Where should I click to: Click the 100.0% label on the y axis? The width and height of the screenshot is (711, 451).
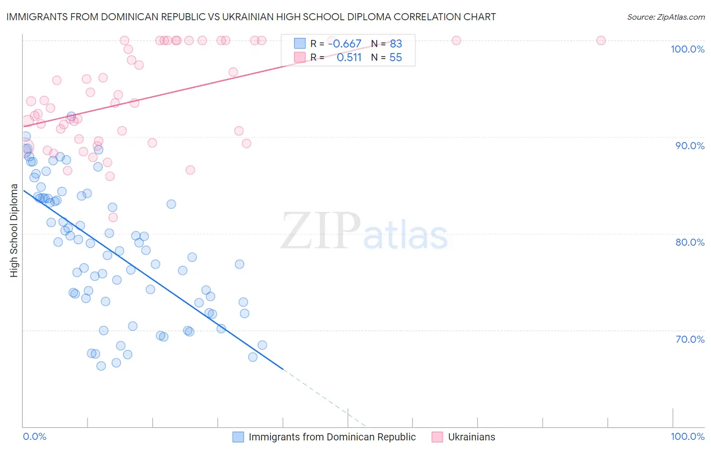(x=687, y=49)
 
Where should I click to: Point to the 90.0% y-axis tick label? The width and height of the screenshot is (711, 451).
(x=690, y=146)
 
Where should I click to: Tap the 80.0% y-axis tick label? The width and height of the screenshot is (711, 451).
(x=690, y=242)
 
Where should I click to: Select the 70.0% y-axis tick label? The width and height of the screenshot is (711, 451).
(x=690, y=339)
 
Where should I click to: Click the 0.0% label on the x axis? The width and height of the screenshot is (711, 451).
(x=34, y=436)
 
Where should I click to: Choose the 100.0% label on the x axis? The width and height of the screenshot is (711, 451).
(x=687, y=436)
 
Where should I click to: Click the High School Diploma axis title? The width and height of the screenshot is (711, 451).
(x=14, y=230)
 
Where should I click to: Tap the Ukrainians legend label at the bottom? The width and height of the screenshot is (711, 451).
(x=471, y=437)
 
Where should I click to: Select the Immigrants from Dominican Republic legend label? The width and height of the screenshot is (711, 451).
(x=332, y=437)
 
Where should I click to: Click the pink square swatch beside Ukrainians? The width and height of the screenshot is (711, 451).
(x=437, y=437)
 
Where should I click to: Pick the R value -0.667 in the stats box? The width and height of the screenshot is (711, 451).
(x=344, y=44)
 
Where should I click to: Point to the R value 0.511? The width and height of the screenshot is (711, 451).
(x=349, y=58)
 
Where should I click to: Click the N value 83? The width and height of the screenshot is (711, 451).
(x=395, y=44)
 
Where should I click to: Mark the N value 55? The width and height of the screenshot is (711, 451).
(x=395, y=58)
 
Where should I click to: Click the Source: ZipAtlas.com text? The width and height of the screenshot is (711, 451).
(x=665, y=17)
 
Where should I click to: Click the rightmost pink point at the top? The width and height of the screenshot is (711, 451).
(x=601, y=40)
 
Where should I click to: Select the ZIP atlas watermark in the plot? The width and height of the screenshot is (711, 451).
(x=364, y=231)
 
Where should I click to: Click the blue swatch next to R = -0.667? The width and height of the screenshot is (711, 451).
(x=300, y=44)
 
